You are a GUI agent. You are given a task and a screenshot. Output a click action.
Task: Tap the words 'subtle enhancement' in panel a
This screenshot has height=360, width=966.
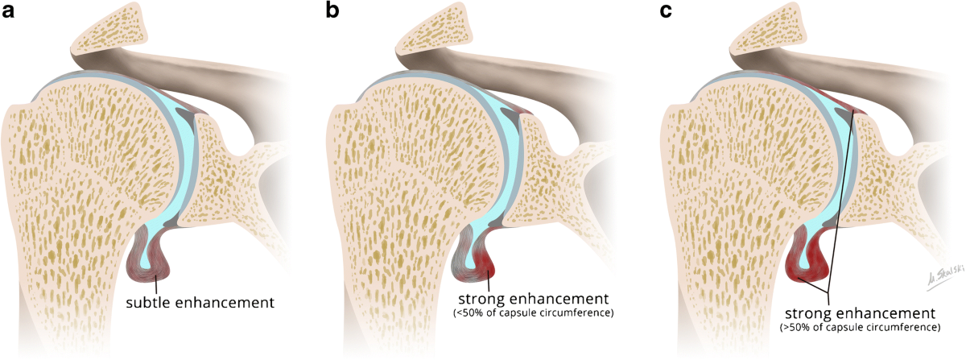(200, 303)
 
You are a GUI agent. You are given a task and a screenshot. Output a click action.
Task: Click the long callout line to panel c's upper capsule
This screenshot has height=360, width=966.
(841, 201)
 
